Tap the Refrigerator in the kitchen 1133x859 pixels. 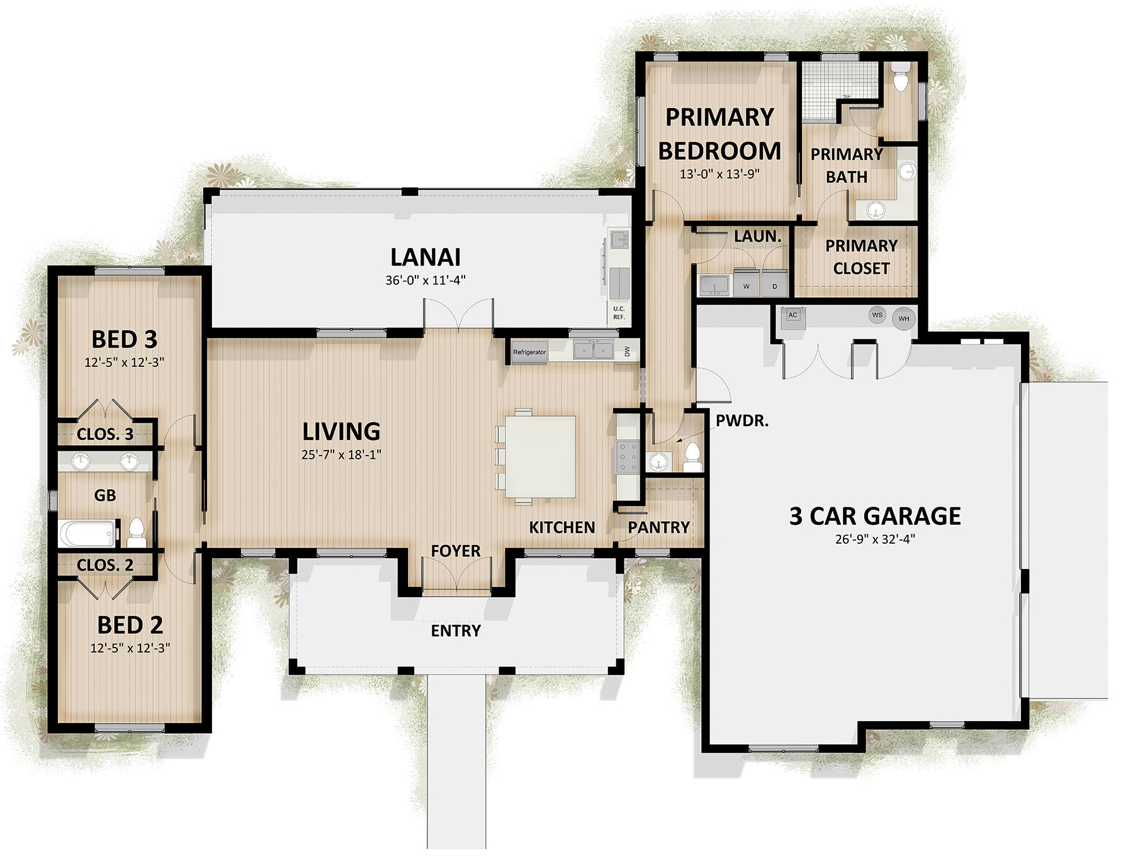(x=529, y=352)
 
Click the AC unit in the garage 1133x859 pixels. (x=792, y=317)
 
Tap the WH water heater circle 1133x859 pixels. (x=903, y=318)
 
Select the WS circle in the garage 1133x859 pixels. (x=877, y=315)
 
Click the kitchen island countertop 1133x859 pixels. (x=541, y=456)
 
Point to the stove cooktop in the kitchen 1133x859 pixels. (x=627, y=456)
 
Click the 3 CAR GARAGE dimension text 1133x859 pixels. (x=875, y=539)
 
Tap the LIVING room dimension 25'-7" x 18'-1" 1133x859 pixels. (x=341, y=454)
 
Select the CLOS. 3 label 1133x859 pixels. (x=105, y=434)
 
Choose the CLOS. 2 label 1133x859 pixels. (x=105, y=565)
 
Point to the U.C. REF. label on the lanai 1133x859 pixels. (x=619, y=313)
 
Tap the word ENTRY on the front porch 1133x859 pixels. (x=456, y=631)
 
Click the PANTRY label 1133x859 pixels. (x=659, y=527)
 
